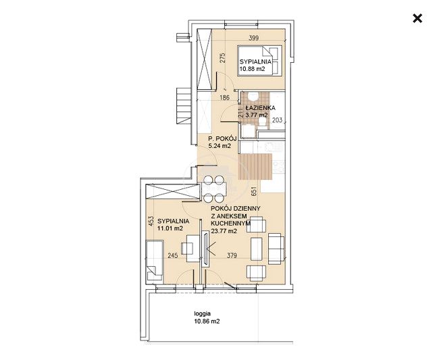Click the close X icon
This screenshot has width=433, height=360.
tap(417, 18)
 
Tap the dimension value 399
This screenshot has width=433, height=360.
tap(254, 38)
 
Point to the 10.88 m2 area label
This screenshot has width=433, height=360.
tap(253, 69)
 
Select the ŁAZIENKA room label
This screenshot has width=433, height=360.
tap(260, 107)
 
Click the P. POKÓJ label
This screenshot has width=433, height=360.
tap(219, 139)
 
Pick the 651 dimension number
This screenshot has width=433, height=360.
tap(254, 191)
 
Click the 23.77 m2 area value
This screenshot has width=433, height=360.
tap(224, 231)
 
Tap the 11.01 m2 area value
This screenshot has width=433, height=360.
tap(170, 228)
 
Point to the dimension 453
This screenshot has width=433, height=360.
tap(151, 222)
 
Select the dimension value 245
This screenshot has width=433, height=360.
tap(173, 256)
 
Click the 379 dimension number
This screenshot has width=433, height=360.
tap(232, 255)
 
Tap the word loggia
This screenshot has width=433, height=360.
tap(203, 313)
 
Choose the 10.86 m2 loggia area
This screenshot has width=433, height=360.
tap(207, 322)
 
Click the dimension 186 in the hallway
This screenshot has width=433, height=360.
tap(225, 97)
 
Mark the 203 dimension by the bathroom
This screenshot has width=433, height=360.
tap(277, 120)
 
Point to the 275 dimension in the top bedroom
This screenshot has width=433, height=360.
tap(223, 57)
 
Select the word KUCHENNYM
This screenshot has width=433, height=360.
tap(230, 224)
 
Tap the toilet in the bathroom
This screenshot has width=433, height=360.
tap(253, 97)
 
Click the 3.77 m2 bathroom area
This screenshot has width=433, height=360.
tap(257, 115)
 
